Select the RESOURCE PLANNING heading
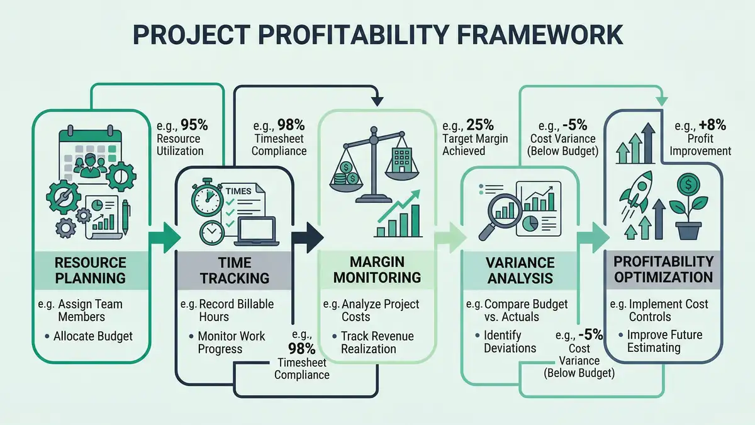tap(90, 269)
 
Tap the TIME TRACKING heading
tap(235, 269)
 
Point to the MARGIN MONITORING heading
tap(377, 269)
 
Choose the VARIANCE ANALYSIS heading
tap(520, 269)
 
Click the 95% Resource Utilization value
tap(194, 124)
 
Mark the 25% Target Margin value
tap(480, 124)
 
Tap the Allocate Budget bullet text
tap(94, 336)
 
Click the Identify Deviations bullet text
tap(510, 341)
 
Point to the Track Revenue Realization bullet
tap(377, 343)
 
